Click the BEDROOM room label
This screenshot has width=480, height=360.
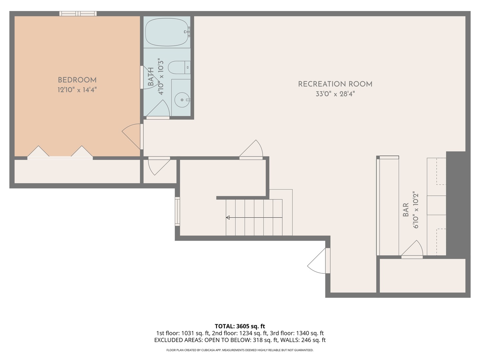pos(77,80)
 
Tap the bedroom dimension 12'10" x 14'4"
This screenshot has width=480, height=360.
pos(77,90)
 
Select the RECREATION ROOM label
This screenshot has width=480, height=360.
pos(335,84)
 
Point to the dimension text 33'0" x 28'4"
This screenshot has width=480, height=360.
pos(335,94)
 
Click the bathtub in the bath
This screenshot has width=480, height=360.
pos(167,32)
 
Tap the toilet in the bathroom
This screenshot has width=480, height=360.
pos(179,67)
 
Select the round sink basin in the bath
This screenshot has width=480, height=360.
pos(182,100)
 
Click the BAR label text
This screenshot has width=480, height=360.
pos(406,210)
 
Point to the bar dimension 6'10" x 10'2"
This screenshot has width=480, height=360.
pos(415,210)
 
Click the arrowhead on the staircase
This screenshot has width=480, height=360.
pos(228,217)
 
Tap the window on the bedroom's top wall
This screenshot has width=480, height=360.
pos(78,14)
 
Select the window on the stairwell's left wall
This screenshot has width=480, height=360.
pos(177,211)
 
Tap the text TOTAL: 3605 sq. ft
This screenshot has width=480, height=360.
pos(240,326)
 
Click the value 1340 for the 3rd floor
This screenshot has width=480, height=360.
pos(303,333)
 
